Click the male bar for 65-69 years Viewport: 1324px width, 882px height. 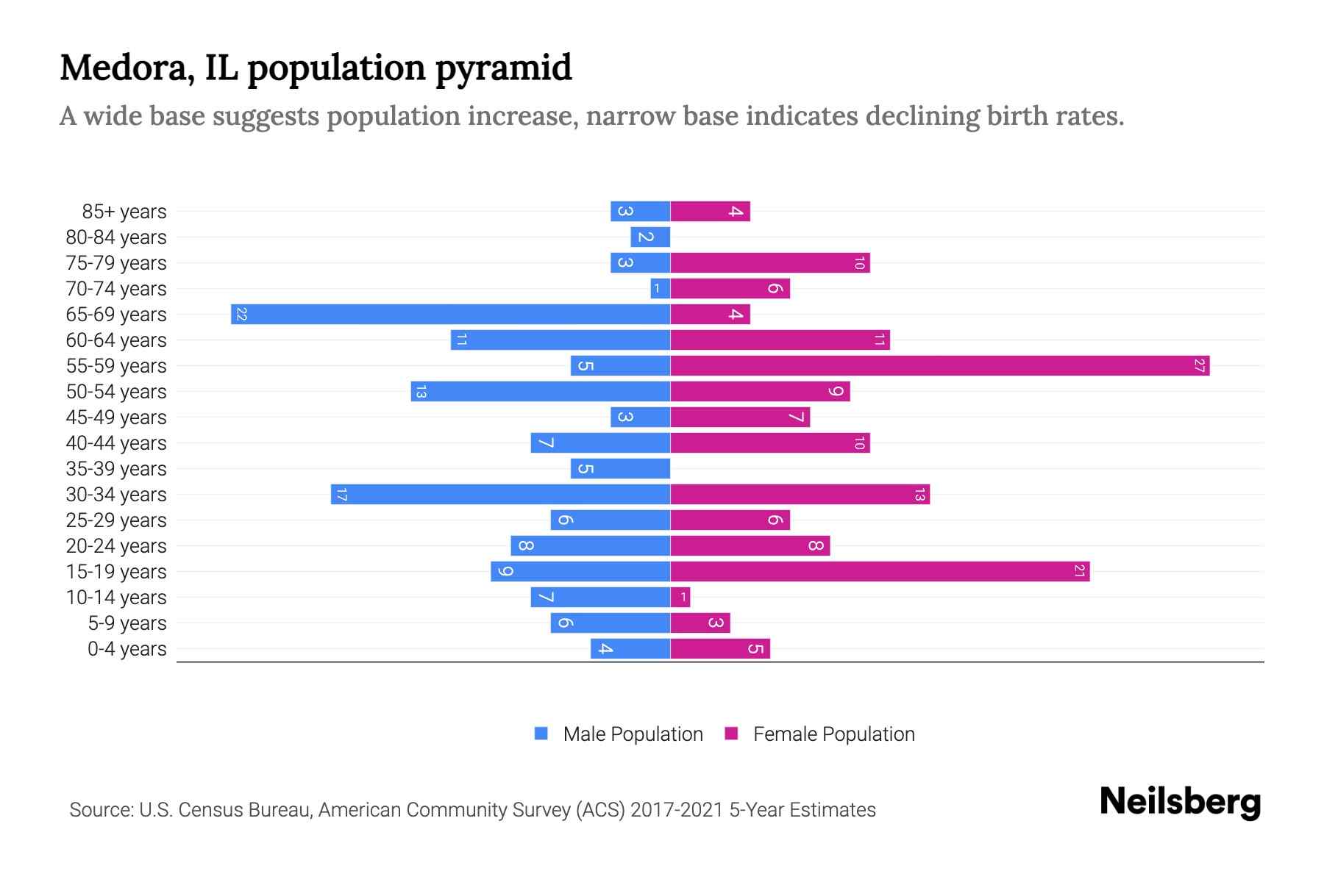click(x=450, y=315)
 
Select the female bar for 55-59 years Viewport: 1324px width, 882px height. click(x=939, y=366)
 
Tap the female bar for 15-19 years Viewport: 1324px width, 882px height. click(x=880, y=572)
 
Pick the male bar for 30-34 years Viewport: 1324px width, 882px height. click(x=500, y=495)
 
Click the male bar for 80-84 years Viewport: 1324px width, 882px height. click(x=650, y=237)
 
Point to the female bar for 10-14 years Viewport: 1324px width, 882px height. click(x=680, y=598)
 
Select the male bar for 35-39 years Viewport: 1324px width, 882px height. click(x=620, y=469)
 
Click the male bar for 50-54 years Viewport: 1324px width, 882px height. click(x=541, y=392)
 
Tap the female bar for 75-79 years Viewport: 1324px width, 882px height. click(x=770, y=263)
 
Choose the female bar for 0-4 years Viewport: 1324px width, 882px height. click(x=720, y=649)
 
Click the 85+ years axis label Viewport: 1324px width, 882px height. click(x=124, y=212)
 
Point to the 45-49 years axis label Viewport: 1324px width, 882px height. click(x=116, y=417)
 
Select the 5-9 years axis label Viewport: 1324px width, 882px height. click(x=127, y=623)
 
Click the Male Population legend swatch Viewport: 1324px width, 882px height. click(x=541, y=734)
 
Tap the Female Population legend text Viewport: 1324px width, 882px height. click(x=833, y=734)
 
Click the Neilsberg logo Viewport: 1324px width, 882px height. click(x=1180, y=802)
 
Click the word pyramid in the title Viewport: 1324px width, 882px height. click(x=503, y=69)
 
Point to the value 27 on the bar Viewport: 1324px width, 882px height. click(x=1199, y=366)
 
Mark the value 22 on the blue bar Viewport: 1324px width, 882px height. click(x=241, y=315)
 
